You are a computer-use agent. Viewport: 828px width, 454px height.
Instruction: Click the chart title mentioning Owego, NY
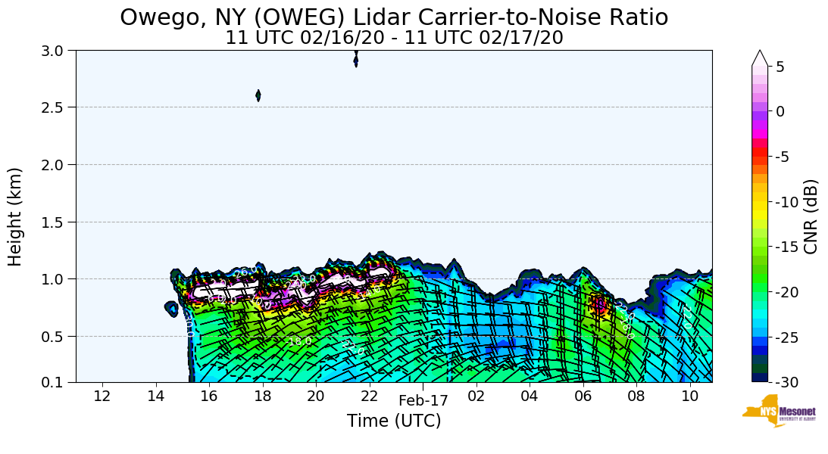pos(394,17)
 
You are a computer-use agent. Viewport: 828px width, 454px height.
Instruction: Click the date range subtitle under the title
pos(394,37)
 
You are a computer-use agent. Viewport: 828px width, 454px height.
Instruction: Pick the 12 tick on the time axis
pos(102,396)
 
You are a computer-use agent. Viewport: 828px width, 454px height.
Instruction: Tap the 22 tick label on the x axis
pos(369,396)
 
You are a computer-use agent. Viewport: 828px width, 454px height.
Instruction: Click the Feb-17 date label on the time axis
pos(423,400)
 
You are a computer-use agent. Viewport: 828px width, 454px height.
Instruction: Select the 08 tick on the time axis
pos(636,396)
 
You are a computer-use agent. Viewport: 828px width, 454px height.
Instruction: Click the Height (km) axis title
pos(16,216)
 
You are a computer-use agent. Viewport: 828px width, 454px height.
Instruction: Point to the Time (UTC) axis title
pos(394,421)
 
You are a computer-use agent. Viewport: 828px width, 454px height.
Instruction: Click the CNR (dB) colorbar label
pos(811,216)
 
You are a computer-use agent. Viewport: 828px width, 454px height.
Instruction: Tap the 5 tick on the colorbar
pos(780,67)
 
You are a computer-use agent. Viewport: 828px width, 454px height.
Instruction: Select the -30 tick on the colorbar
pos(784,382)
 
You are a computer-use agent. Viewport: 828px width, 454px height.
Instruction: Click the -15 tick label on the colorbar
pos(784,247)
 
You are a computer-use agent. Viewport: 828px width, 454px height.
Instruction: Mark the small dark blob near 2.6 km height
pos(258,95)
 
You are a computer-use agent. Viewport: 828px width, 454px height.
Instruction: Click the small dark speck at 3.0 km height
pos(356,61)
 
